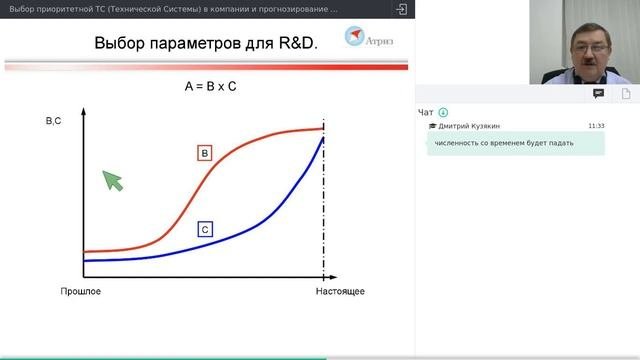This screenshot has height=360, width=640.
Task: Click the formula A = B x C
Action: [210, 87]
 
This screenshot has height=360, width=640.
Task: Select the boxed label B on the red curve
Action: [204, 153]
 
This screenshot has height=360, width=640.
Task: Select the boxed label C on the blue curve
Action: [204, 229]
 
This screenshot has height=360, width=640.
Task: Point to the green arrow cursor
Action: [112, 179]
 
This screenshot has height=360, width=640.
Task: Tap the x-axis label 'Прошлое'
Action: [81, 291]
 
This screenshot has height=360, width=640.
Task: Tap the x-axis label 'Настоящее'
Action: [339, 291]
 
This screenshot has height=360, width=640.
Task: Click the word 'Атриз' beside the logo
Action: [383, 41]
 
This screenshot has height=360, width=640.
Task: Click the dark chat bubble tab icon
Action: [598, 92]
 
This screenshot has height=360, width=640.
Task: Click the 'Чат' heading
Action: [426, 112]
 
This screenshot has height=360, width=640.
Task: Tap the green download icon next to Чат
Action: [443, 112]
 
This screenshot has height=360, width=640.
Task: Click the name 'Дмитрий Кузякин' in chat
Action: [468, 126]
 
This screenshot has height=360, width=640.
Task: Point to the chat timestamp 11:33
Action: [596, 126]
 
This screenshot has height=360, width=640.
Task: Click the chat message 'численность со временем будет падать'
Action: [504, 142]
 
